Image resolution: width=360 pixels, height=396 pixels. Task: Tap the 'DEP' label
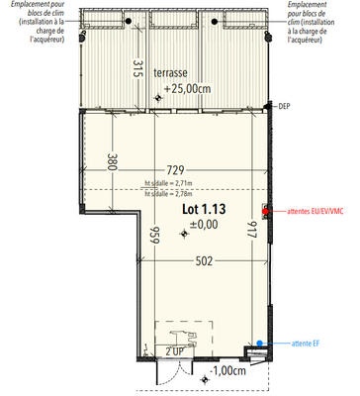(285, 105)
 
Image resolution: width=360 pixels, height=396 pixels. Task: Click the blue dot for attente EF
(260, 344)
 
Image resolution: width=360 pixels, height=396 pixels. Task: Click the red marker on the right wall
(264, 210)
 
